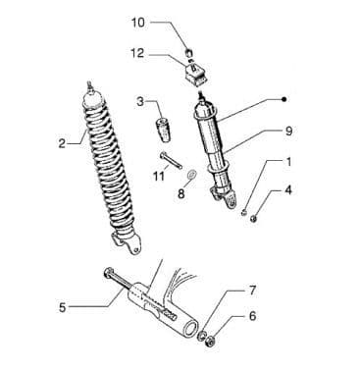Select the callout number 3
(140, 101)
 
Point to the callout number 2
(62, 144)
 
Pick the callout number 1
(288, 162)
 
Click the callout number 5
(62, 307)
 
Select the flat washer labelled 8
(190, 175)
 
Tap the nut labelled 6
(211, 343)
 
